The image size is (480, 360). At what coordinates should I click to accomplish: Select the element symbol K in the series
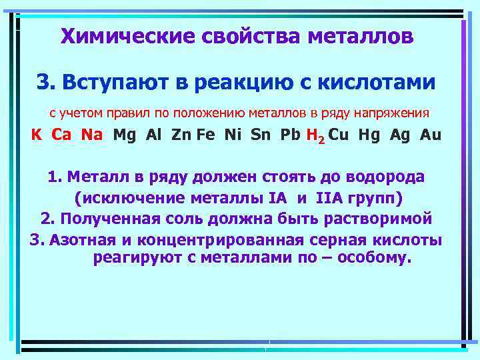click(x=37, y=135)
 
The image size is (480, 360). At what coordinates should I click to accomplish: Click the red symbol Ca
click(x=61, y=135)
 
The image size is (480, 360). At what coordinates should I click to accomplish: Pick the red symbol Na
click(x=92, y=135)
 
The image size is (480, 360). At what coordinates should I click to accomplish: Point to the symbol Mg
click(x=125, y=135)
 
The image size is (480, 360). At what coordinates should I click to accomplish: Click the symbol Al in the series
click(x=154, y=135)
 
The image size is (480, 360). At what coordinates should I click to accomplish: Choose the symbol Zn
click(x=181, y=135)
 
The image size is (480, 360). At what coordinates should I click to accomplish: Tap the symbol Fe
click(x=206, y=135)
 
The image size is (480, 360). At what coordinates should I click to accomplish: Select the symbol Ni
click(x=233, y=135)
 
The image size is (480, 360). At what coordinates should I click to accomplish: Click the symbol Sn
click(x=261, y=135)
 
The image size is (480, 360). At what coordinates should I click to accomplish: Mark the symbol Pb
click(x=291, y=135)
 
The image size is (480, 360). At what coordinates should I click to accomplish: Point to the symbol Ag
click(x=401, y=135)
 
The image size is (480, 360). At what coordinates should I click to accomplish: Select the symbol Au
click(x=431, y=135)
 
